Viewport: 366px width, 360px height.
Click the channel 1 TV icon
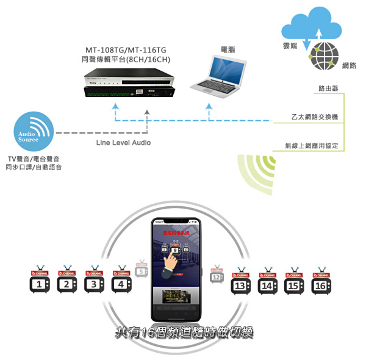click(x=40, y=283)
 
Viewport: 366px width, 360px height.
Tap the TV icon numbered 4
click(x=121, y=283)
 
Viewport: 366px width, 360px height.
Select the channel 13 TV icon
click(x=240, y=284)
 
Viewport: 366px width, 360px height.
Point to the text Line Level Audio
click(x=123, y=142)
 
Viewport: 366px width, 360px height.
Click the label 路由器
click(x=328, y=89)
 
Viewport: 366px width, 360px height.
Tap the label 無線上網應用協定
click(x=315, y=146)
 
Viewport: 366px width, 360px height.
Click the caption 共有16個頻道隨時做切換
click(x=183, y=333)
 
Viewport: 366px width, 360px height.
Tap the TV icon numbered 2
click(x=67, y=283)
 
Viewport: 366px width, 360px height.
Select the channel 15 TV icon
click(x=295, y=284)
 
